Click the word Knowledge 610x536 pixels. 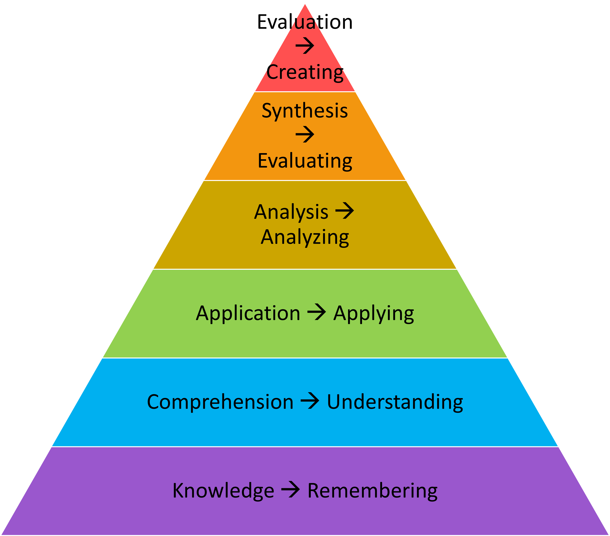coord(223,490)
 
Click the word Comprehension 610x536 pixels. coord(220,402)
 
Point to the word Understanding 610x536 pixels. coord(395,402)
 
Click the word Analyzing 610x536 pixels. coord(305,237)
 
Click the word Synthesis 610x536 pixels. coord(305,111)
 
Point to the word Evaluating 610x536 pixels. coord(305,161)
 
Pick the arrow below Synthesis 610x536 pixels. coord(305,134)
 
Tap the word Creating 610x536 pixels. coord(305,72)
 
